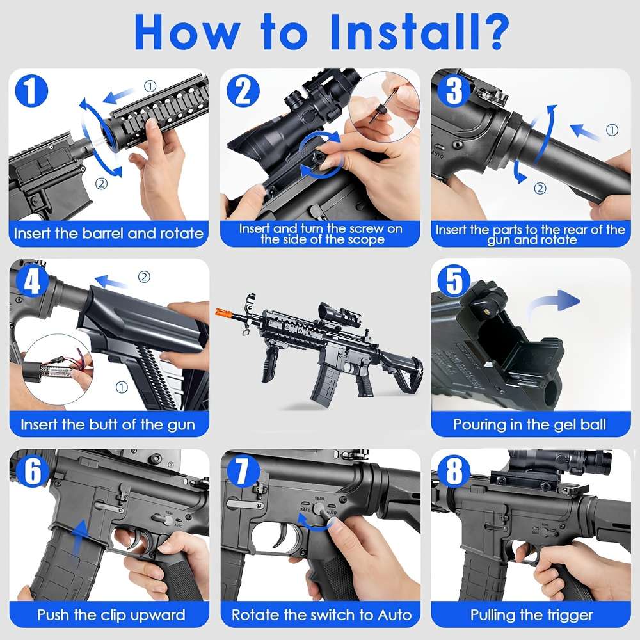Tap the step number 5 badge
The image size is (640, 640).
coord(453,280)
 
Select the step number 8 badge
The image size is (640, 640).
coord(453,472)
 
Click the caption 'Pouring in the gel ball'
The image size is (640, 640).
coord(529,424)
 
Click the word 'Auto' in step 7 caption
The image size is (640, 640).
coord(392,615)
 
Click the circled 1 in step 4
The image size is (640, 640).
coord(122,387)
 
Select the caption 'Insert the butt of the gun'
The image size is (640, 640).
coord(108,424)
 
